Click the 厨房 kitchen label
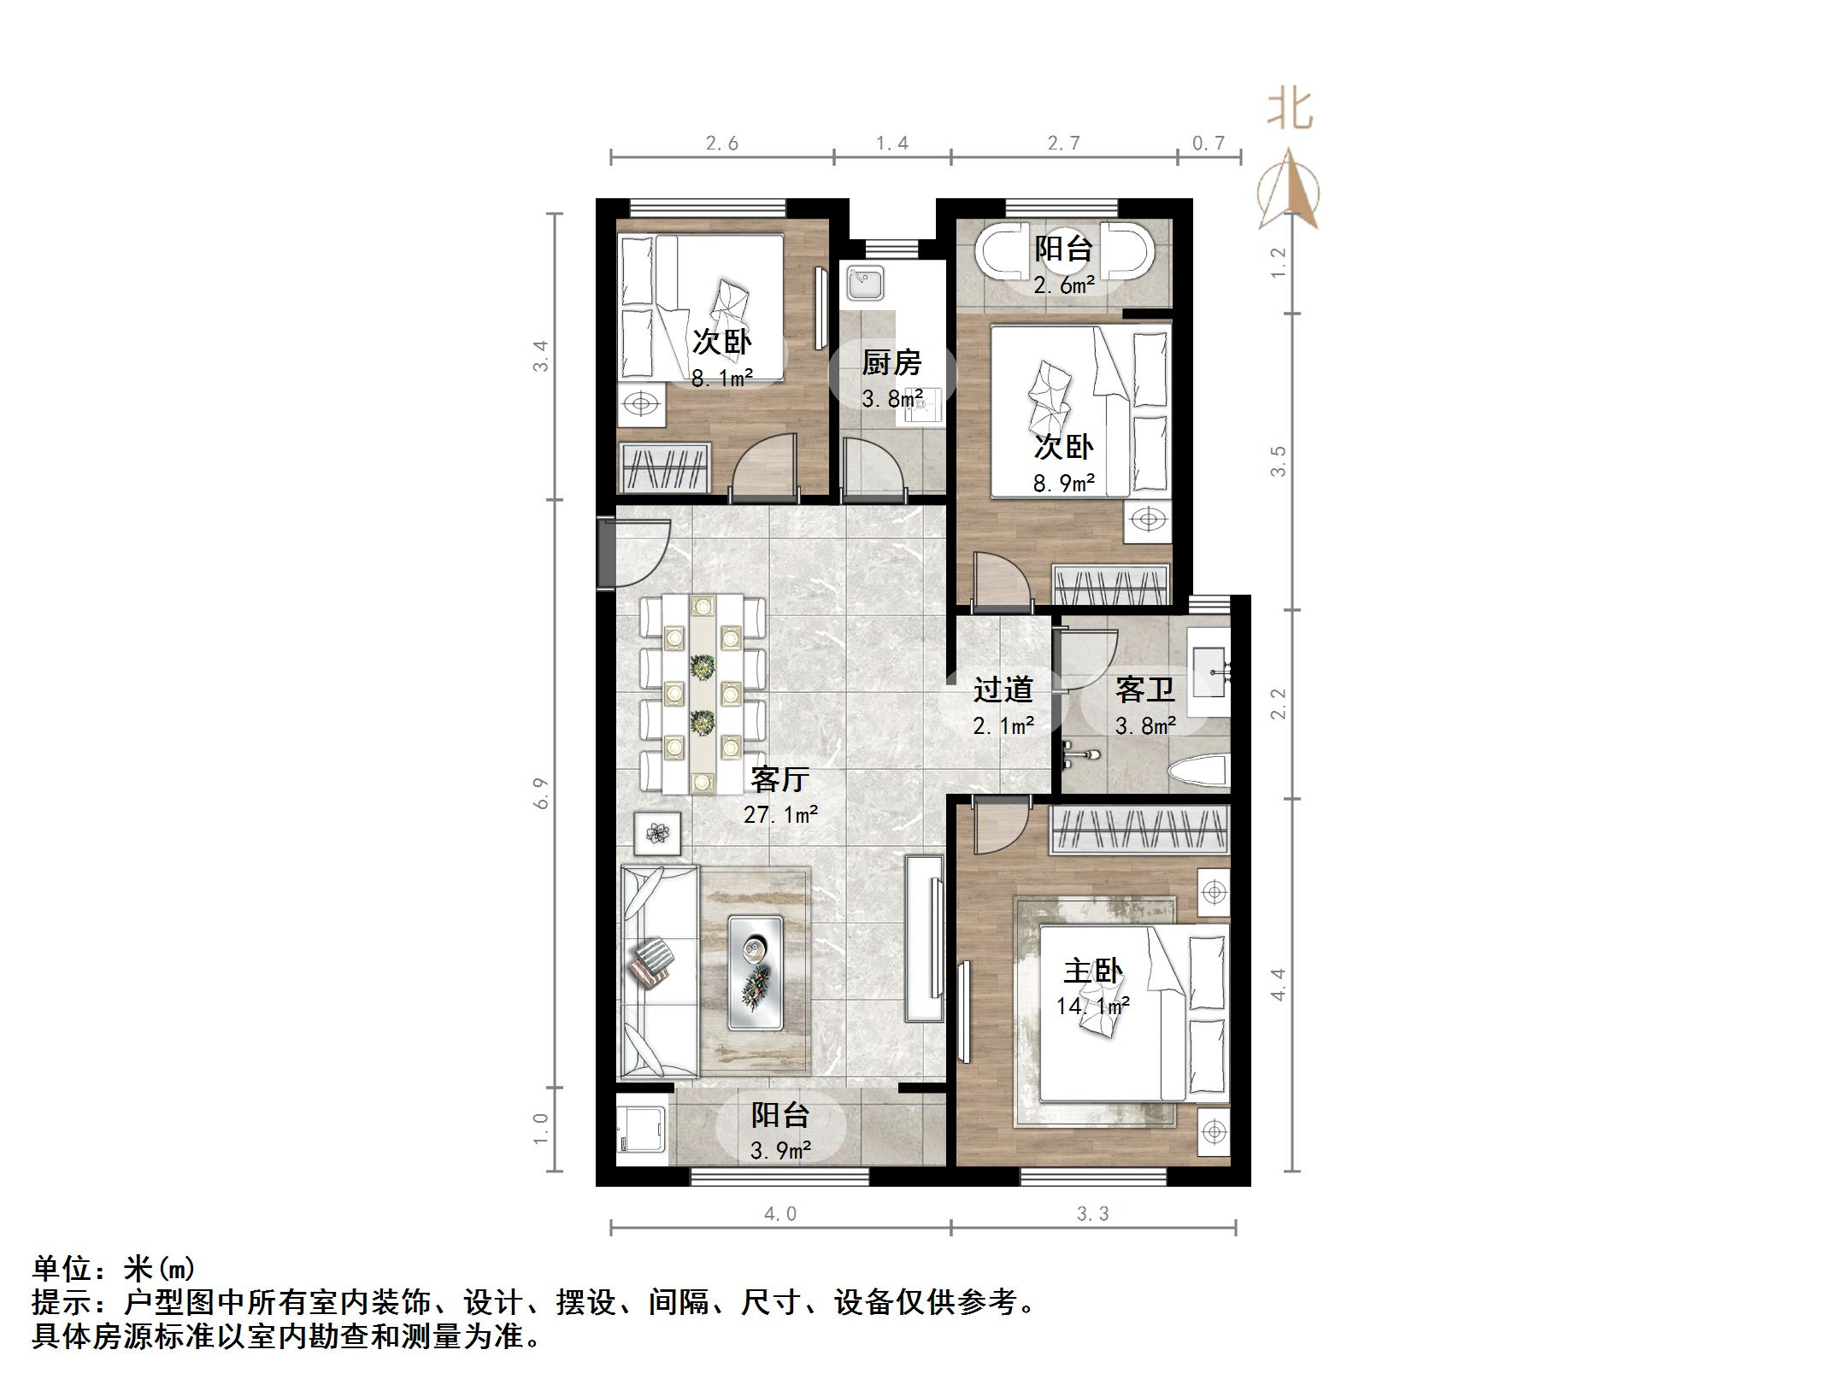891,363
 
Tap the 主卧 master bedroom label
1092,971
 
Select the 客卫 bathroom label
1144,690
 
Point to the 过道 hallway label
1003,690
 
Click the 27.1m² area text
780,814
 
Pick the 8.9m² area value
1063,484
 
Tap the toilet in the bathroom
1198,772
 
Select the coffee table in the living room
755,972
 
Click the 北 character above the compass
1290,110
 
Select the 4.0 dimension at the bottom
780,1213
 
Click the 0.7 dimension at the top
1209,143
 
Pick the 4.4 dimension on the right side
1278,984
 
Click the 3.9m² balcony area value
780,1151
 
